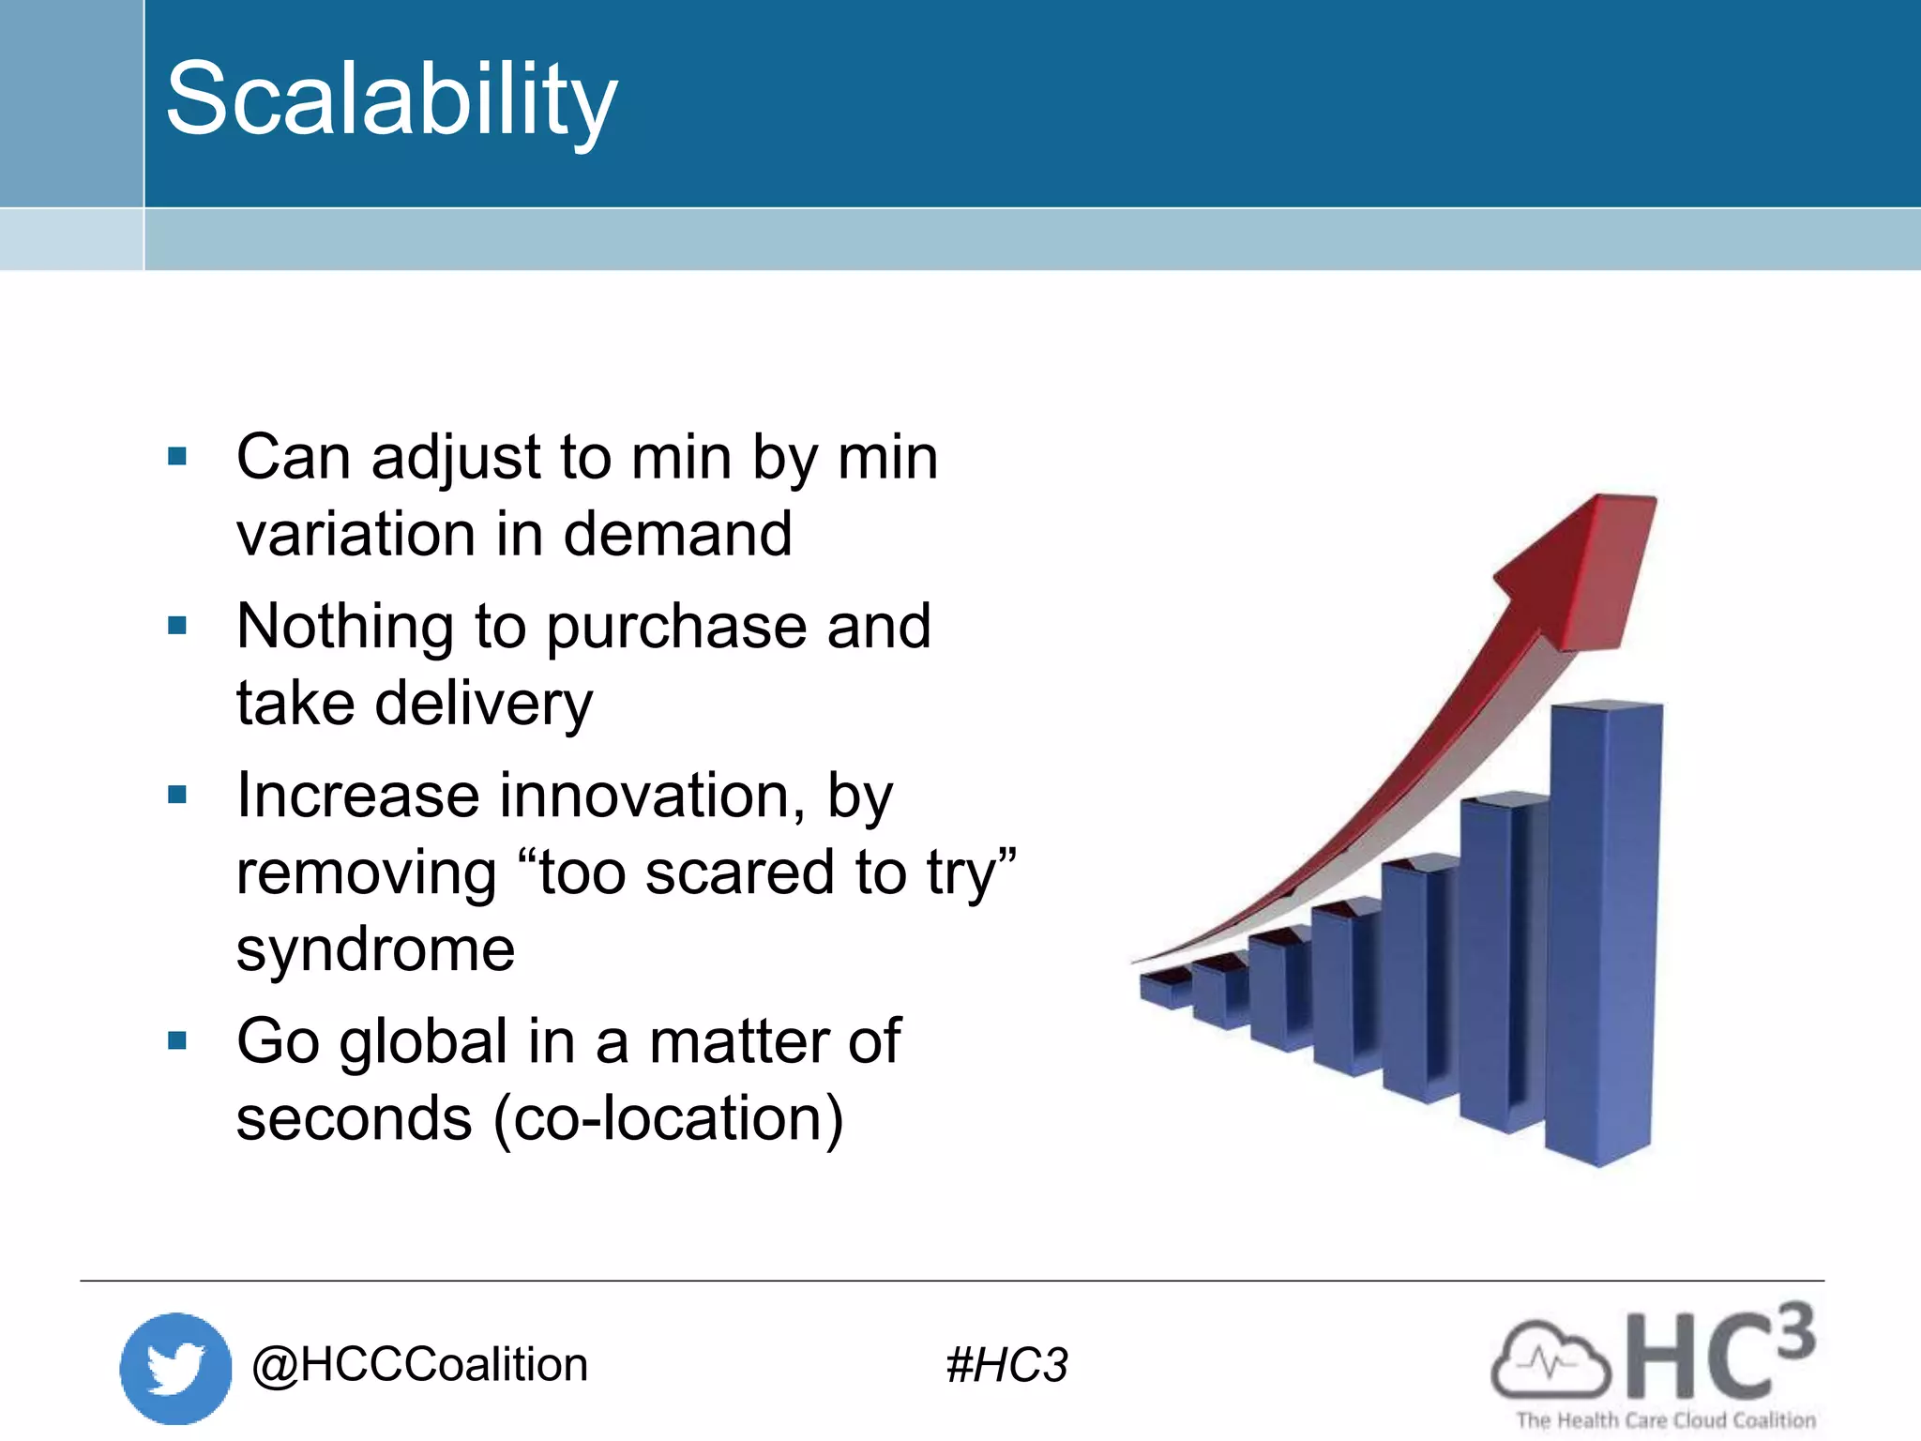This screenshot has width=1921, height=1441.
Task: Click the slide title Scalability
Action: point(391,99)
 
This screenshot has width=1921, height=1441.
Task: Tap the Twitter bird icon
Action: point(175,1368)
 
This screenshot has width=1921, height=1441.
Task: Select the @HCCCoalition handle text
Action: point(419,1364)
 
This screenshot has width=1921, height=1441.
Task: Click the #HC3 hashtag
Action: point(1006,1365)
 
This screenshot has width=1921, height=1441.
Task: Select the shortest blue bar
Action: point(1165,990)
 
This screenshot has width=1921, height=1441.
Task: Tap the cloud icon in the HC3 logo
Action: point(1550,1360)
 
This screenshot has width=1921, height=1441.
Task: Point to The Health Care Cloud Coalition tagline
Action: point(1666,1420)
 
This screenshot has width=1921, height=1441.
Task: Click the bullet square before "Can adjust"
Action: point(177,457)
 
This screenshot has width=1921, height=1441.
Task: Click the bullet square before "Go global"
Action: point(177,1040)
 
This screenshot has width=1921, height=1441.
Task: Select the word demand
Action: point(677,534)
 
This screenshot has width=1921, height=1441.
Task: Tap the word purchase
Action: point(675,629)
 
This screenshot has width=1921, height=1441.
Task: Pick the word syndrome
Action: point(375,950)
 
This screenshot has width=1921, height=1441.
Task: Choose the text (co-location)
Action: point(668,1119)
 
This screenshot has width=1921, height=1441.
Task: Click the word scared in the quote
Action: point(741,873)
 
